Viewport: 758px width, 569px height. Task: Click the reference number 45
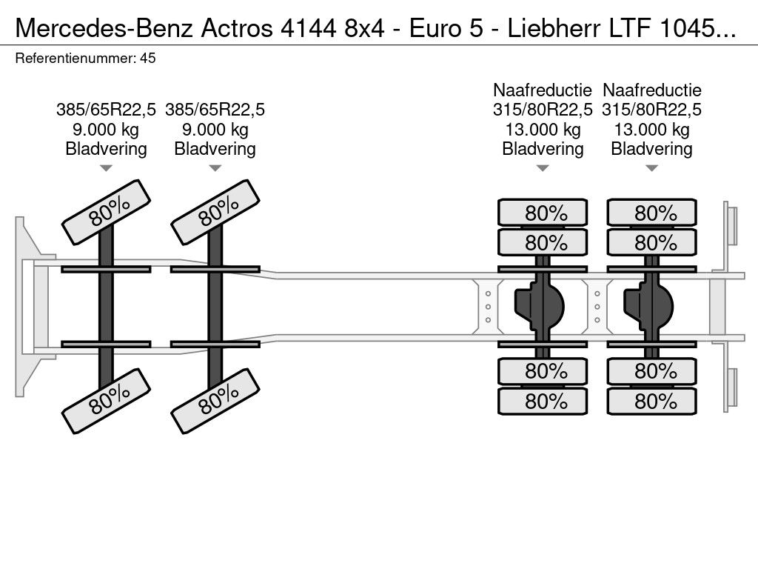148,59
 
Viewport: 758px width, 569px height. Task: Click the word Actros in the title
237,29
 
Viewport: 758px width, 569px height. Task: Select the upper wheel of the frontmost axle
107,212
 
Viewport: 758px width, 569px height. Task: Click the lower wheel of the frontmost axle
107,401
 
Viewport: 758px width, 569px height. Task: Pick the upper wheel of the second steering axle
215,212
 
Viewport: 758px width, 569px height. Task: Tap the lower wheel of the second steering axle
215,401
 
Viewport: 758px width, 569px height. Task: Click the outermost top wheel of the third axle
543,213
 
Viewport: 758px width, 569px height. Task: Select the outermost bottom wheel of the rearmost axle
652,401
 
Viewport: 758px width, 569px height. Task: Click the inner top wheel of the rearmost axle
652,242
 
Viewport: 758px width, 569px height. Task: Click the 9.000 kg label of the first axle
106,129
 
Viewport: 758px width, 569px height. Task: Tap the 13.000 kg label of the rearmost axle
651,129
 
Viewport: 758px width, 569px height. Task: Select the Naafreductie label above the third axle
543,90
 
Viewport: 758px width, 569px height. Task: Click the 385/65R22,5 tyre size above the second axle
215,110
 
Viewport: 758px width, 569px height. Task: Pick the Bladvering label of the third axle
543,148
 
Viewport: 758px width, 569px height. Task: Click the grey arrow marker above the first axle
106,168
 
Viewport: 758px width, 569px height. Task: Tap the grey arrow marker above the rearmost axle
651,168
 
